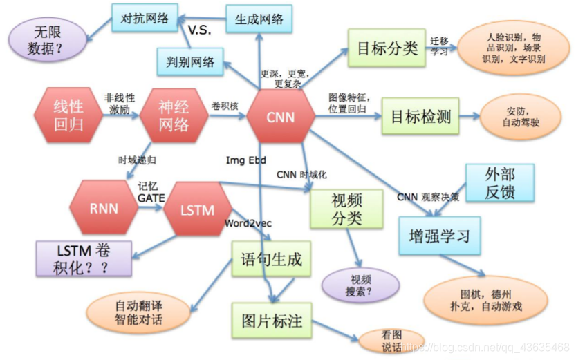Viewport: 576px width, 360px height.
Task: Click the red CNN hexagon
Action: (281, 117)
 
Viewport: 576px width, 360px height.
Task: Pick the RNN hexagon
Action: (104, 209)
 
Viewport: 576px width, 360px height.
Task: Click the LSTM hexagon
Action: (197, 209)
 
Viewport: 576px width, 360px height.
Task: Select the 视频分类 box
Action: (347, 208)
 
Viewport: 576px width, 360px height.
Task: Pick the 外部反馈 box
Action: (500, 182)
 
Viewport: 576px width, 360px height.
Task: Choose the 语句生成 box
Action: (271, 260)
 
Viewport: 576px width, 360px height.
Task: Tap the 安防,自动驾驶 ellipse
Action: (515, 117)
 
